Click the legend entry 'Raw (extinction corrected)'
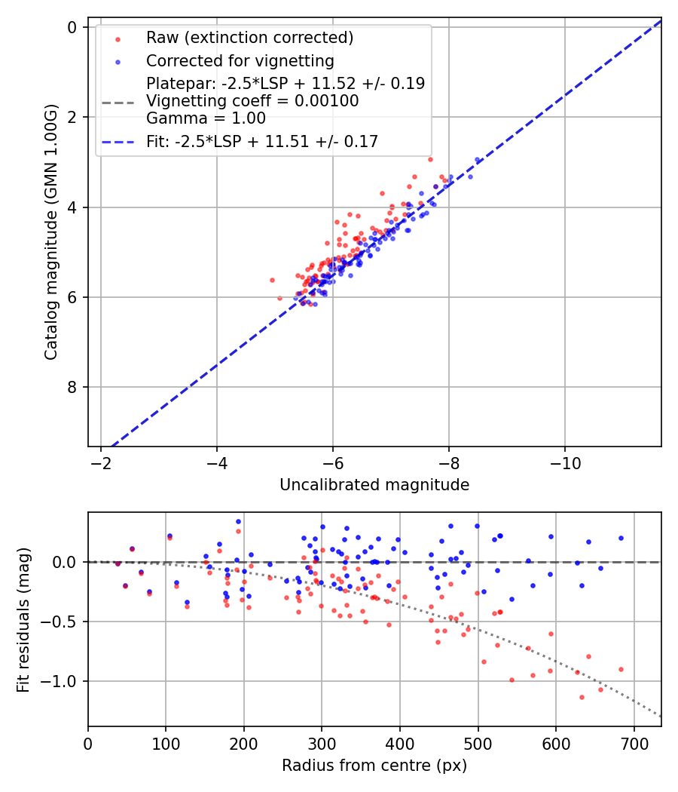[x=249, y=38]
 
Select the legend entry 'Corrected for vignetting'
[x=240, y=60]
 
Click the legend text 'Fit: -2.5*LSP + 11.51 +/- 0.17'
[x=262, y=141]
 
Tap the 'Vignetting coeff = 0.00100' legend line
[x=252, y=101]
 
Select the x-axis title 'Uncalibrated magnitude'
[x=374, y=485]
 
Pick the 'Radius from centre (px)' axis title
[x=374, y=766]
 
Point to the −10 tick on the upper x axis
[x=565, y=463]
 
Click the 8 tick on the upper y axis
[x=72, y=387]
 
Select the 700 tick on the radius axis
[x=634, y=743]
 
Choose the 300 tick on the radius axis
[x=322, y=743]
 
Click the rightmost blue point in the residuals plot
[x=621, y=538]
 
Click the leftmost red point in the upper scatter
[x=272, y=280]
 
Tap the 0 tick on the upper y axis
[x=72, y=27]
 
